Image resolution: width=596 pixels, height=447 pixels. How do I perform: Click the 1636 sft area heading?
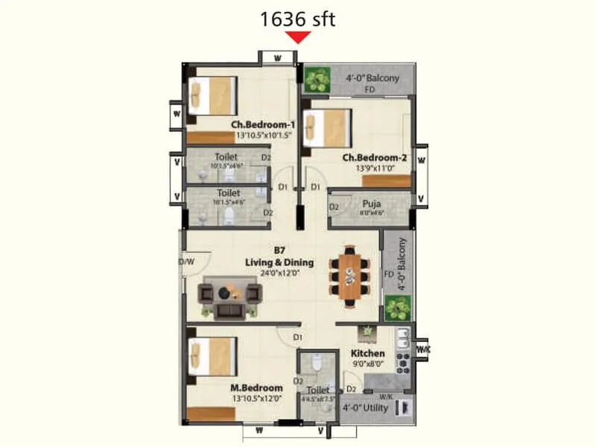(297, 18)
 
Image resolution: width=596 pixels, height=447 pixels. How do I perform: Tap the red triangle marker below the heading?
(298, 37)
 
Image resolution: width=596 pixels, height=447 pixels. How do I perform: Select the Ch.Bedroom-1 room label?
(263, 124)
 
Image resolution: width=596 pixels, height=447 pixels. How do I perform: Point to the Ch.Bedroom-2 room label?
(374, 158)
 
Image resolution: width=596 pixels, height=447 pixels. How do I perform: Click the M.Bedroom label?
(256, 388)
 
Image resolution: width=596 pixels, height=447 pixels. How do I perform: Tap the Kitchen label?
(368, 353)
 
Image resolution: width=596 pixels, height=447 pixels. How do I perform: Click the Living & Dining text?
(279, 262)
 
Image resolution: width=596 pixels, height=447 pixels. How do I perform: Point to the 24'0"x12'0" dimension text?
(280, 273)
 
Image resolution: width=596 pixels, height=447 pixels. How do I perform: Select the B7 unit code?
(279, 251)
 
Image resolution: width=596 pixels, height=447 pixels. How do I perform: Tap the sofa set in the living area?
(230, 294)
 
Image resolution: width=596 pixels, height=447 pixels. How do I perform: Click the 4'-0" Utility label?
(366, 408)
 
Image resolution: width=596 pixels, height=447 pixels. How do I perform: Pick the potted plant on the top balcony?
(317, 78)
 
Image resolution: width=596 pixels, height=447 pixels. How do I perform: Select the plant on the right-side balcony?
(397, 306)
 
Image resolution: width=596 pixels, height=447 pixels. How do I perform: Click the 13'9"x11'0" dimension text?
(374, 169)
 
